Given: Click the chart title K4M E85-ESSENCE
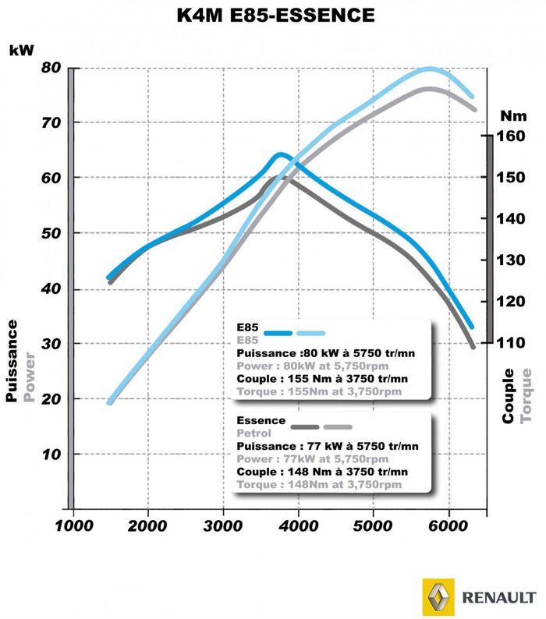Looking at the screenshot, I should click(x=273, y=15).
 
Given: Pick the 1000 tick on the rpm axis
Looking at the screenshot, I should click(x=73, y=527).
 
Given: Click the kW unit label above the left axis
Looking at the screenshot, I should click(x=21, y=50).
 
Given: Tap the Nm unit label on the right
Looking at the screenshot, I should click(x=513, y=116).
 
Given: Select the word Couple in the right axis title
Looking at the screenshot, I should click(x=509, y=396).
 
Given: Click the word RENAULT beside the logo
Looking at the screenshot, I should click(x=497, y=598).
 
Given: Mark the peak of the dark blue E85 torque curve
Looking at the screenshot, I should click(x=281, y=154).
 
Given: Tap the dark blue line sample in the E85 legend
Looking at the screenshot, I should click(x=278, y=332).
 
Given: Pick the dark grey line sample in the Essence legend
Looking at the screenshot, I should click(x=304, y=426).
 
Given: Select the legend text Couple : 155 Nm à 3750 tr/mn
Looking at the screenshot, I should click(x=322, y=378).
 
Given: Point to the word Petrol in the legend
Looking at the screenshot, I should click(x=254, y=433).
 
